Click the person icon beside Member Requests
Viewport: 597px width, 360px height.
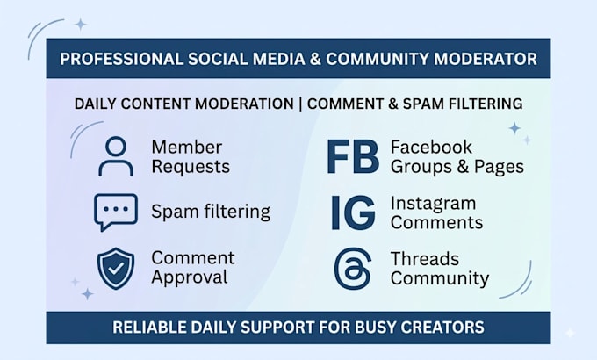coord(116,156)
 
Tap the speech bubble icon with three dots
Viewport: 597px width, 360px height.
coord(116,212)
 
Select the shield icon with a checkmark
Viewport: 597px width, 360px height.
coord(116,268)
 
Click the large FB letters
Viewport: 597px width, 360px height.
coord(353,157)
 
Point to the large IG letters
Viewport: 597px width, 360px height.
coord(353,212)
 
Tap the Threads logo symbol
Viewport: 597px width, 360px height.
coord(353,269)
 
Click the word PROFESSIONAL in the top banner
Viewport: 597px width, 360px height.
coord(121,59)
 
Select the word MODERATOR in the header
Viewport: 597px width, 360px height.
coord(486,59)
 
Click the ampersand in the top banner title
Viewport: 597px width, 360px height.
coord(315,59)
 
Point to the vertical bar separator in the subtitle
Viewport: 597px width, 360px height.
coord(300,104)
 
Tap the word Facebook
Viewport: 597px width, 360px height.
coord(431,147)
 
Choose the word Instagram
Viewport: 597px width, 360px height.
coord(434,204)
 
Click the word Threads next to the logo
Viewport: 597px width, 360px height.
coord(425,259)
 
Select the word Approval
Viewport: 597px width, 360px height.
coord(190,277)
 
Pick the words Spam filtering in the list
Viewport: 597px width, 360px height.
coord(211,212)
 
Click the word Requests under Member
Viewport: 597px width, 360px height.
coord(191,167)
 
